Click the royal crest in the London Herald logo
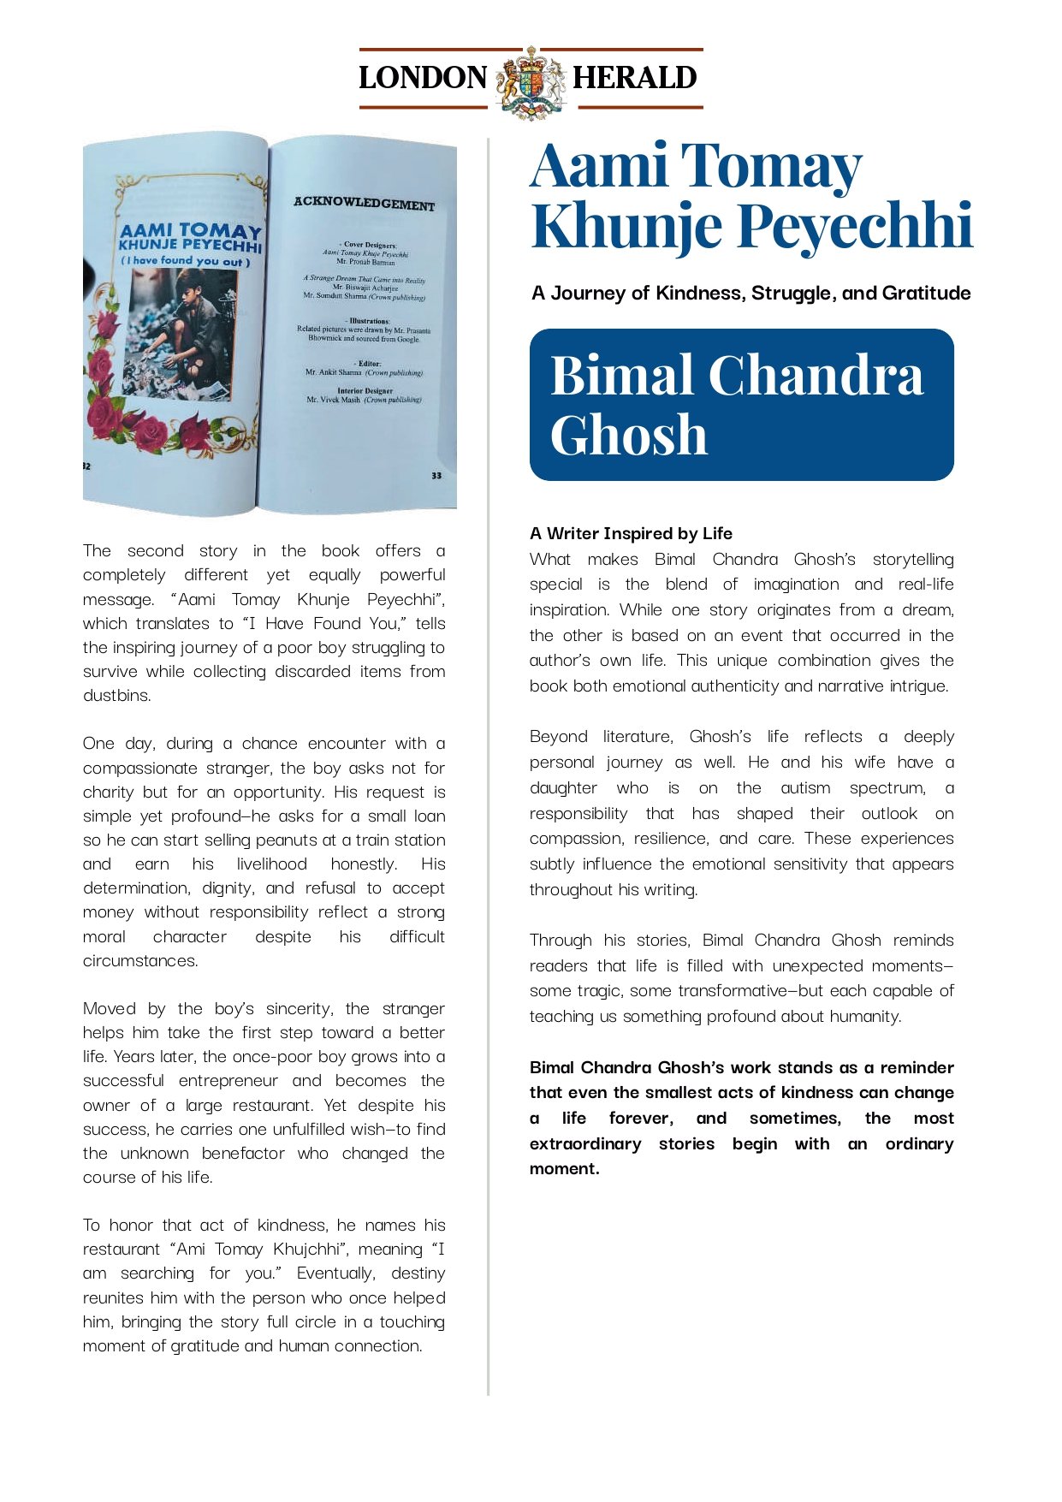point(531,82)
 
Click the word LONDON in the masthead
point(423,78)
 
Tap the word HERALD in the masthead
point(634,78)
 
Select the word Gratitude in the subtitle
point(926,294)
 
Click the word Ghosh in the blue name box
point(629,436)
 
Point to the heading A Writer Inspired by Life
point(631,534)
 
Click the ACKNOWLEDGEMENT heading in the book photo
point(364,204)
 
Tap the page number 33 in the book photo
point(436,475)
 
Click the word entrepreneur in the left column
point(228,1081)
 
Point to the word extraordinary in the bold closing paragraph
point(584,1144)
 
